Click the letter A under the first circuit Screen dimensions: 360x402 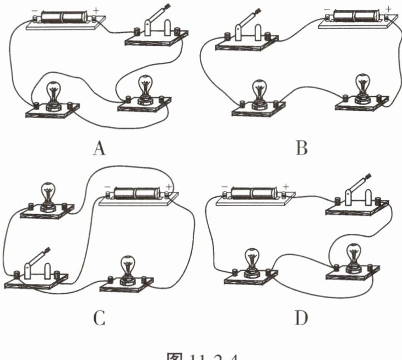point(100,148)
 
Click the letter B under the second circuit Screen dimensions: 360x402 point(301,148)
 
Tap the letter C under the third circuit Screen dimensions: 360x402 point(100,319)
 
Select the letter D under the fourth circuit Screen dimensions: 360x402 point(302,319)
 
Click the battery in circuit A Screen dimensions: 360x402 point(63,15)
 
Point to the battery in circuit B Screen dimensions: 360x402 point(357,15)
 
